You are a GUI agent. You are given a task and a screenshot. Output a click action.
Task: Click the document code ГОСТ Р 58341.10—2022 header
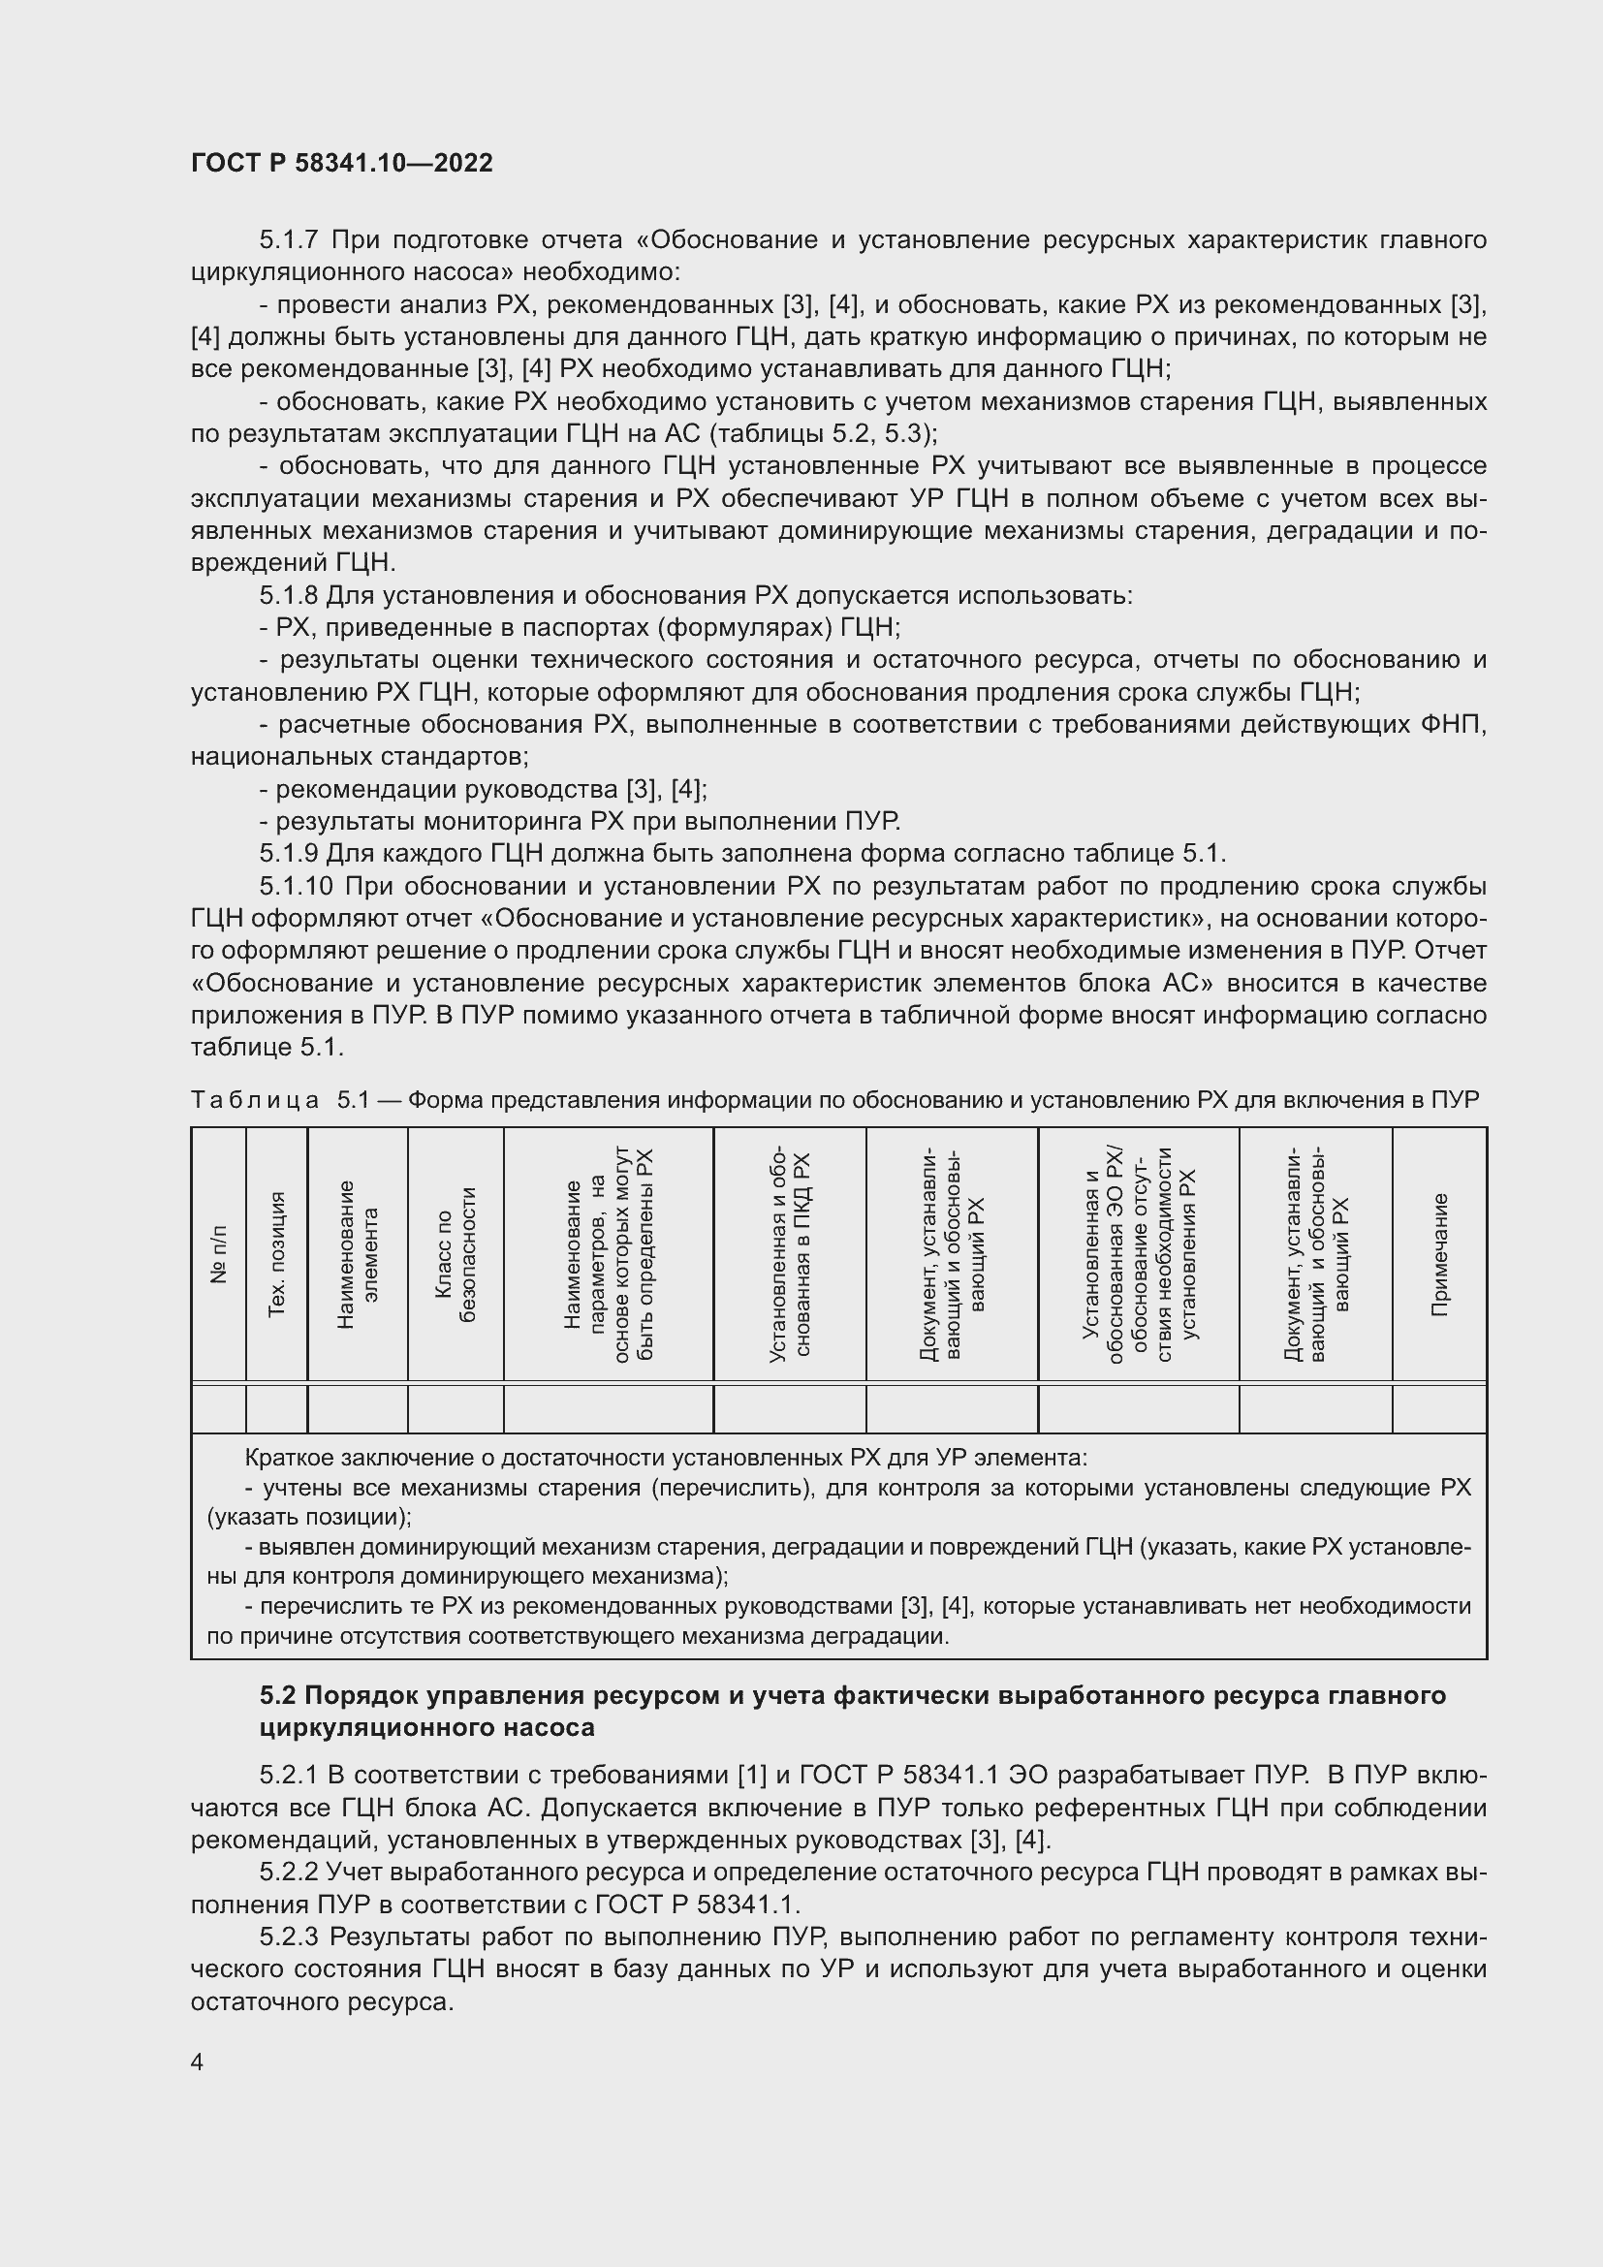[341, 164]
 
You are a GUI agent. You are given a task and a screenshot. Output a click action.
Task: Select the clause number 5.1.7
[292, 240]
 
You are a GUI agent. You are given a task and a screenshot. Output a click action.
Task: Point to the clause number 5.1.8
[292, 595]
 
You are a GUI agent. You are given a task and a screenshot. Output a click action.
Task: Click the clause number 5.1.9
[292, 853]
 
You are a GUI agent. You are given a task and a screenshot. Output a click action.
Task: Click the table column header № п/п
[218, 1254]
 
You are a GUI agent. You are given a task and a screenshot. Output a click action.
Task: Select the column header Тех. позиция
[276, 1254]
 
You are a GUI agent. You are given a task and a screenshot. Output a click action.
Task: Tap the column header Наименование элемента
[358, 1254]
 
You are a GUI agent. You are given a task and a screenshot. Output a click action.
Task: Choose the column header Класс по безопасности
[456, 1254]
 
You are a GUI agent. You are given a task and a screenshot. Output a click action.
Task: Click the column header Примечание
[1439, 1254]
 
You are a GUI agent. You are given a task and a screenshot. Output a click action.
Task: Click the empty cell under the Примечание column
[1439, 1409]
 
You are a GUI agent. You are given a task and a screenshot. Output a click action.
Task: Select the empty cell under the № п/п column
[218, 1409]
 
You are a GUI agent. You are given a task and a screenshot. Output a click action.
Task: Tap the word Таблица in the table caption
[255, 1100]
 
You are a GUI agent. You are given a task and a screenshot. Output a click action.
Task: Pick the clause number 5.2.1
[292, 1777]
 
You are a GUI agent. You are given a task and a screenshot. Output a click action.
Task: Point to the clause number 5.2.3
[292, 1937]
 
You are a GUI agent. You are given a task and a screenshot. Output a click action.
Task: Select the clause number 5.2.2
[292, 1873]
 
